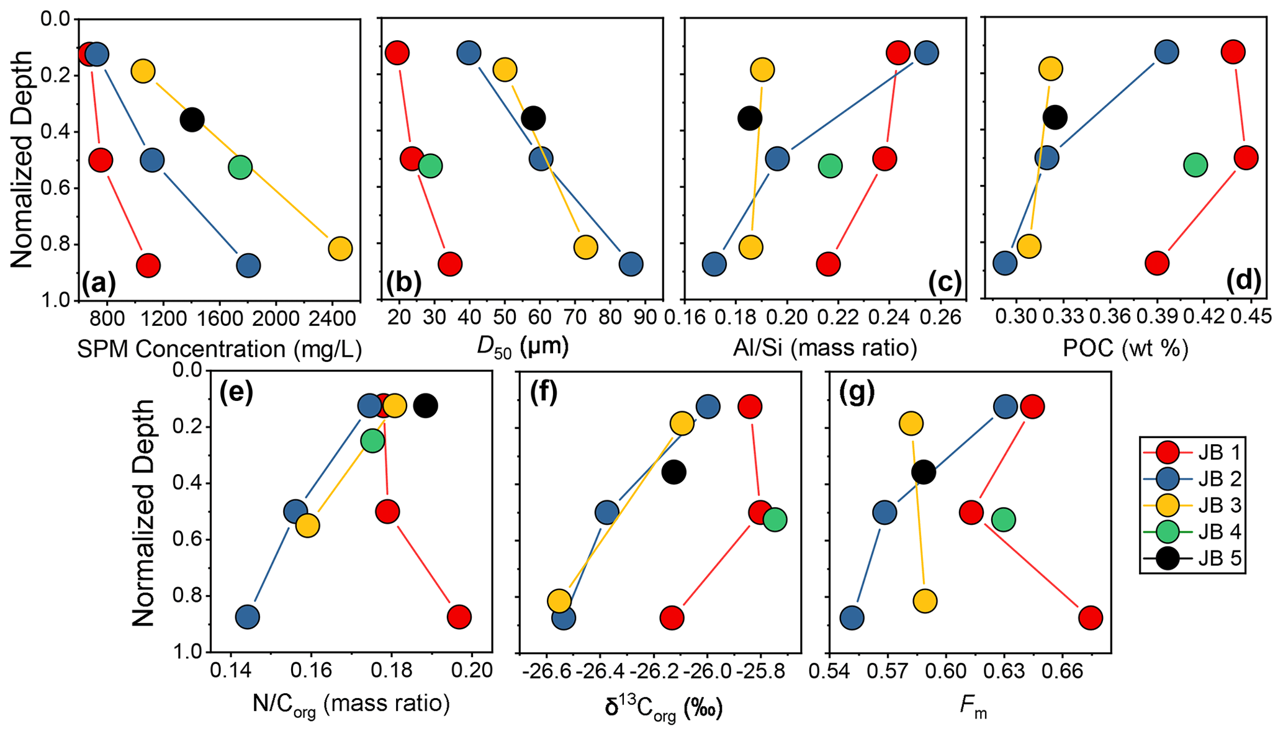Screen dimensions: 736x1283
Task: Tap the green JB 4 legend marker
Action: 1168,532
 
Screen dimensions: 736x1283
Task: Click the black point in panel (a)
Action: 192,119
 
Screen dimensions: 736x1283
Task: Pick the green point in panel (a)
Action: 240,167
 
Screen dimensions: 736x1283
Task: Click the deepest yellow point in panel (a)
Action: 340,248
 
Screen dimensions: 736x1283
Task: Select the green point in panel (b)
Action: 430,166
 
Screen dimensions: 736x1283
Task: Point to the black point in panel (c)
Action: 750,118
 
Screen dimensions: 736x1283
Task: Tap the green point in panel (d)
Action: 1195,165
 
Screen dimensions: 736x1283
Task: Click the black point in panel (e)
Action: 426,406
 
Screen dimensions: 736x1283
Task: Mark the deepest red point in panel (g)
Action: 1090,617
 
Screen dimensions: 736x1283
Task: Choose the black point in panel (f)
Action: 673,472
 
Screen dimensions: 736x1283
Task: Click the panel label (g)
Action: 857,393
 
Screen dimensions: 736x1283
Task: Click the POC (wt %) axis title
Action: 1125,349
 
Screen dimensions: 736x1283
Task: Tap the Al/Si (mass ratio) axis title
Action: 825,349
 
